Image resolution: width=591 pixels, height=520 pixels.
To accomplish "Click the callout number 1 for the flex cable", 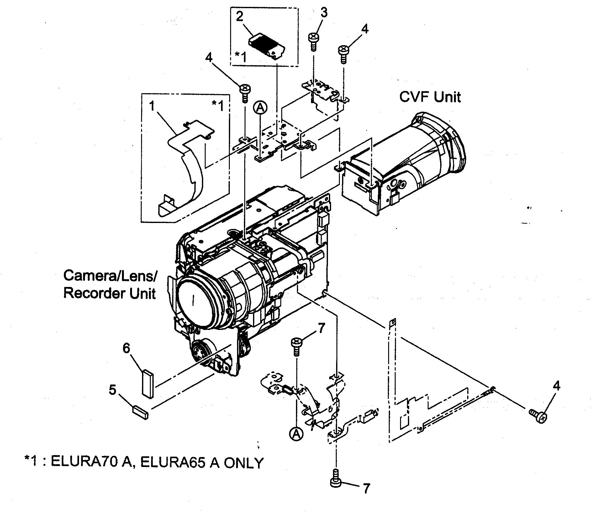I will click(152, 106).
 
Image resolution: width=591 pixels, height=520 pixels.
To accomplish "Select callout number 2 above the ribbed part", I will click(240, 16).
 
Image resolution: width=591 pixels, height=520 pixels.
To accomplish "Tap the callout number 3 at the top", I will click(324, 13).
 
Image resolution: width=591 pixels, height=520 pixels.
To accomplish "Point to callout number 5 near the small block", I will click(113, 390).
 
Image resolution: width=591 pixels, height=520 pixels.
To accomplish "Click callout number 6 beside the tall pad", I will click(126, 348).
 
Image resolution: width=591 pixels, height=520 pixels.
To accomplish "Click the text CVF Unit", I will click(430, 97).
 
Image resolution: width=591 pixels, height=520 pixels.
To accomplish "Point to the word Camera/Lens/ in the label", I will click(110, 276).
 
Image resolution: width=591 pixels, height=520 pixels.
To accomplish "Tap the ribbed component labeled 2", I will click(267, 46).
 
